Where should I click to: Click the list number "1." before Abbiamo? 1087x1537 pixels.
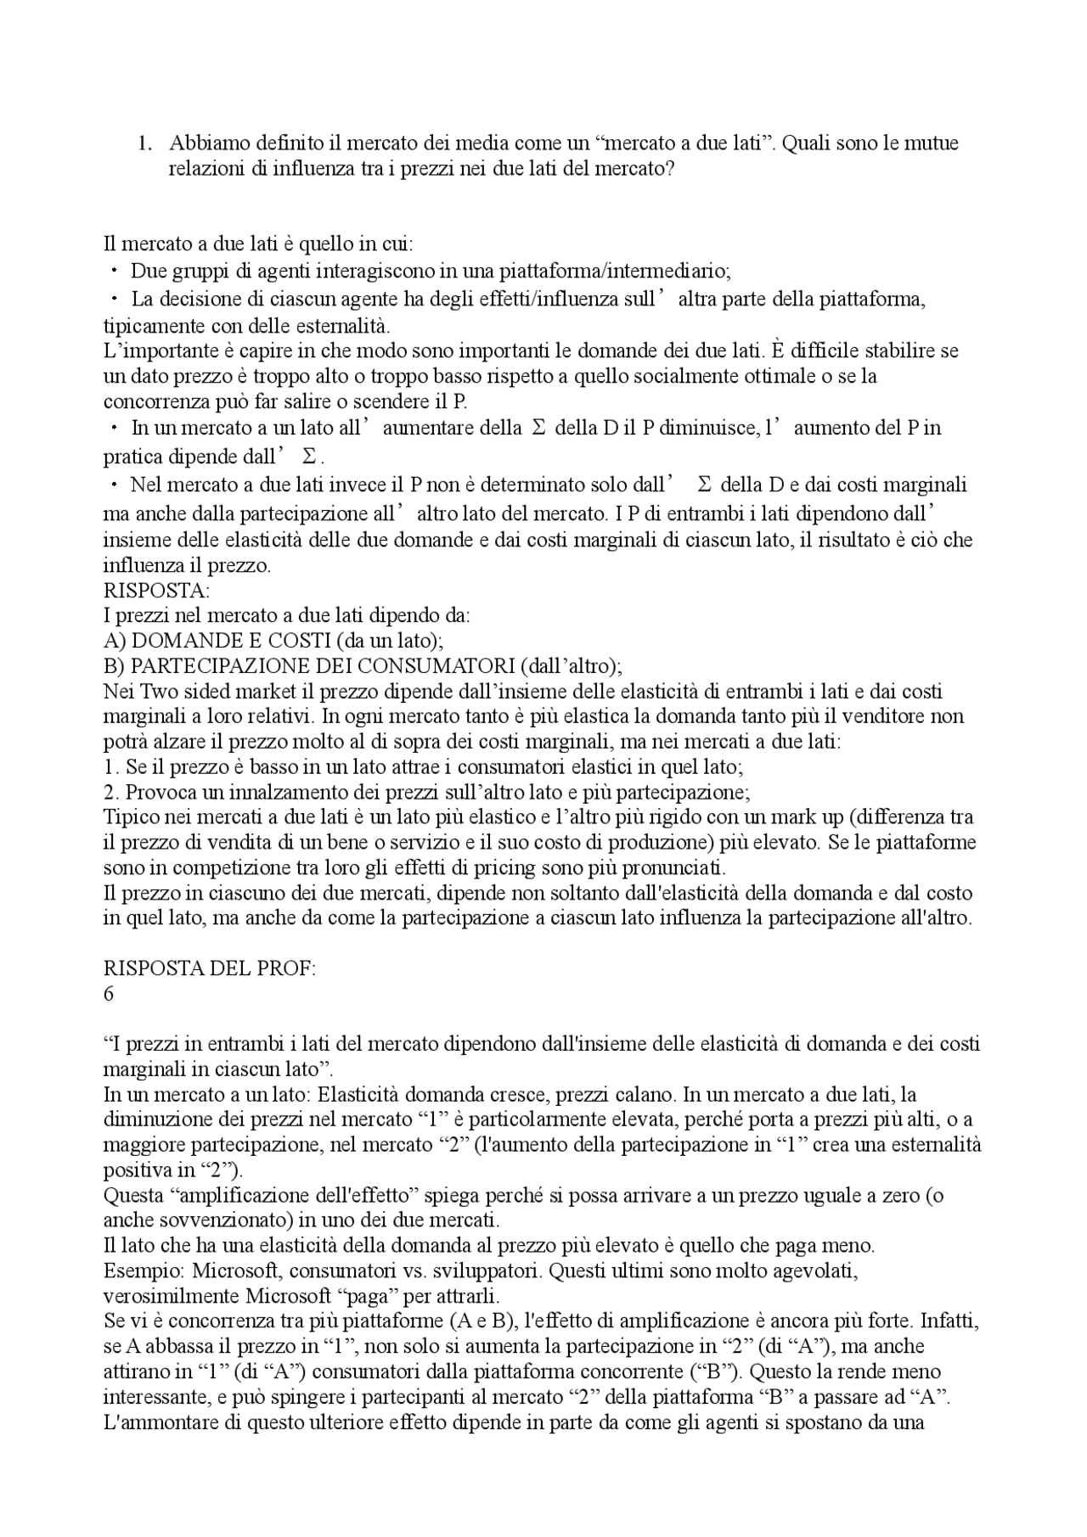(x=145, y=143)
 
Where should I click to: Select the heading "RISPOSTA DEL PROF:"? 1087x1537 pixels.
(x=210, y=969)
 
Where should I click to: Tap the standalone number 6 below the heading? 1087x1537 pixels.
(x=109, y=994)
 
